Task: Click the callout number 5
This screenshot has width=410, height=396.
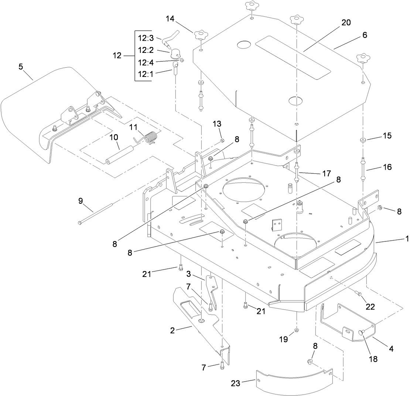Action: [21, 67]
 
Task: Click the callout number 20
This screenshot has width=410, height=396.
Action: [346, 22]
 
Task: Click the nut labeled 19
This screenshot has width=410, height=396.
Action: [296, 330]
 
